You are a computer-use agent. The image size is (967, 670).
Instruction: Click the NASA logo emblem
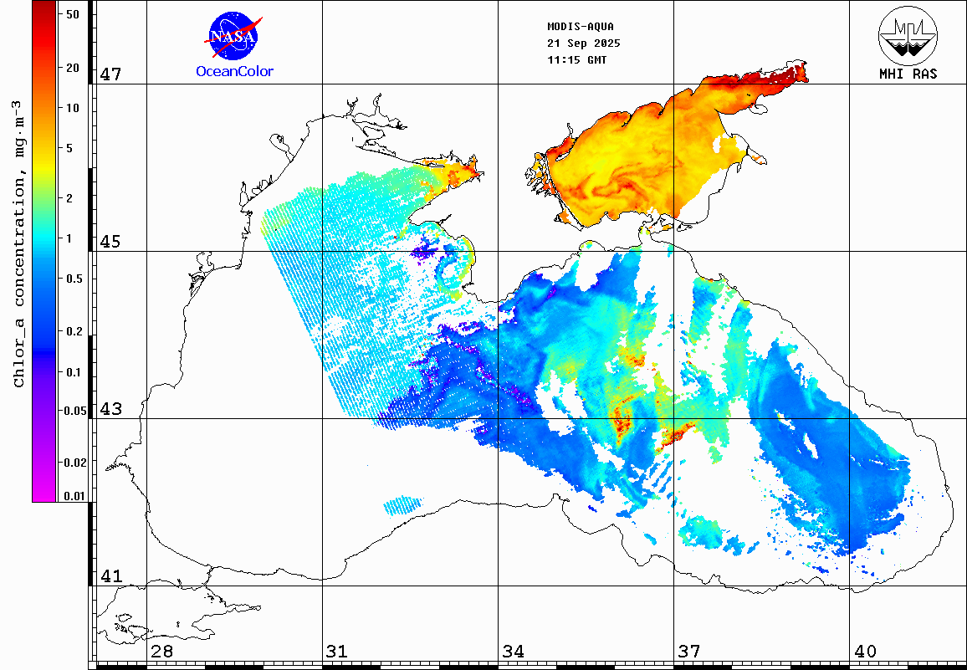233,36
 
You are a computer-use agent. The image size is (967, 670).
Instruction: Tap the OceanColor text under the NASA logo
234,71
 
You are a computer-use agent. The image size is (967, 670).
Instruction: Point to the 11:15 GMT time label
577,60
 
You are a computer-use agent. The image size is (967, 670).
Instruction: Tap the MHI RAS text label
908,74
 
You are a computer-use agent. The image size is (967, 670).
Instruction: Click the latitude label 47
110,74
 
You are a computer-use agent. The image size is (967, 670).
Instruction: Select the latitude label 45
110,242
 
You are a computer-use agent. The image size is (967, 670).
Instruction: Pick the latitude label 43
110,409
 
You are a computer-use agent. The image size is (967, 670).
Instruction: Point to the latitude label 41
110,576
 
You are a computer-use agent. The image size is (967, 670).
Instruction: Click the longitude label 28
161,651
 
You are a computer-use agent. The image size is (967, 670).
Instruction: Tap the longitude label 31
337,651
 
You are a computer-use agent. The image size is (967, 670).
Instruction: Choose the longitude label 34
513,651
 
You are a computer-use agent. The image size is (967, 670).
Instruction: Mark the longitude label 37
688,651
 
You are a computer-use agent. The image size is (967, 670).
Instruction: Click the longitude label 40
864,651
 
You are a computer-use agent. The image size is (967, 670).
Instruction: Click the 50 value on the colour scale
72,14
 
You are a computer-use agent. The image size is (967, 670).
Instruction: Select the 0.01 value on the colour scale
74,496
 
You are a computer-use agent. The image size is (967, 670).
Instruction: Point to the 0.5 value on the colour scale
74,279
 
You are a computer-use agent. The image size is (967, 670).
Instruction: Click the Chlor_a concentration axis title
18,243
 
